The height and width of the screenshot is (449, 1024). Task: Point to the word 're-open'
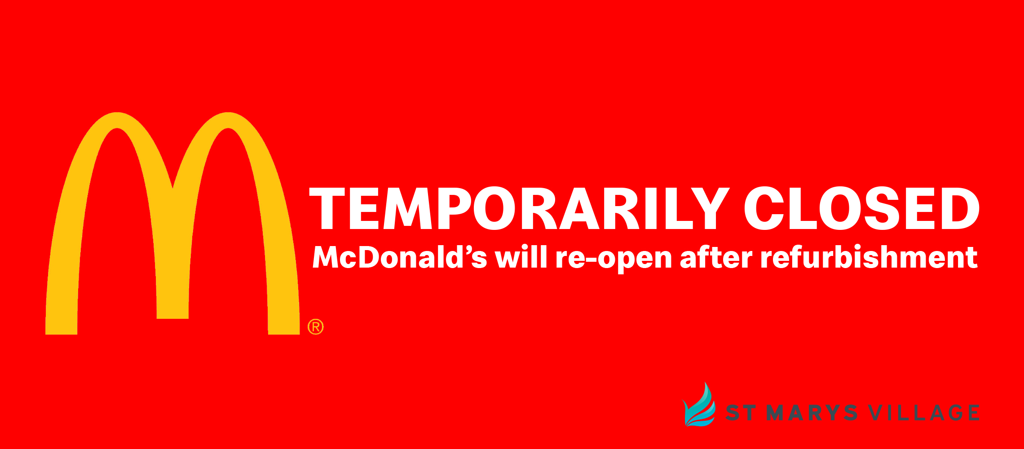pos(614,260)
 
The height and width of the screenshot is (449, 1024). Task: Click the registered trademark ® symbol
pos(316,327)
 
